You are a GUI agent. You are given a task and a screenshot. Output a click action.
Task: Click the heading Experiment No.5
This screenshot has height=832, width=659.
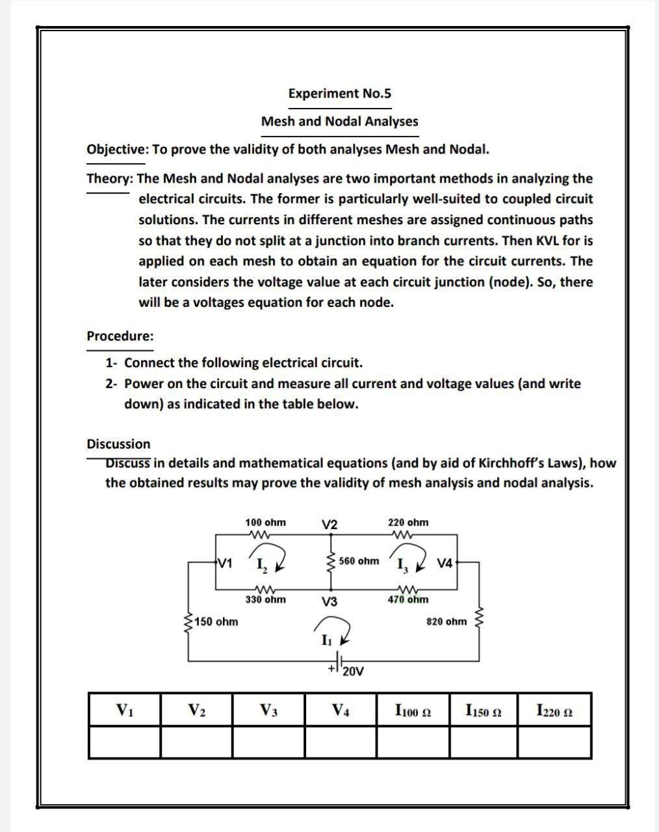pyautogui.click(x=339, y=94)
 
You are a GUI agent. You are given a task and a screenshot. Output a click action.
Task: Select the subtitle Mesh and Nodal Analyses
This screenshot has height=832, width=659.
pyautogui.click(x=339, y=122)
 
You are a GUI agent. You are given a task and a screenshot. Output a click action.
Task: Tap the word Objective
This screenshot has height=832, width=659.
pyautogui.click(x=117, y=149)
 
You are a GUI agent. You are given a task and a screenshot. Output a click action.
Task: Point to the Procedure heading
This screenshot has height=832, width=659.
pyautogui.click(x=120, y=336)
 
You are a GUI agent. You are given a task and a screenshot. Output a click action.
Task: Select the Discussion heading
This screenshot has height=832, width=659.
pyautogui.click(x=118, y=444)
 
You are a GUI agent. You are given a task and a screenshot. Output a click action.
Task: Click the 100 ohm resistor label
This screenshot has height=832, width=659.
pyautogui.click(x=265, y=523)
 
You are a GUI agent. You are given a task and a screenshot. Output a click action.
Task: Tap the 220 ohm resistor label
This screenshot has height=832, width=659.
pyautogui.click(x=408, y=523)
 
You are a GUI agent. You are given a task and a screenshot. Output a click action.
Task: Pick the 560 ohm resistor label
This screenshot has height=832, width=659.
pyautogui.click(x=359, y=561)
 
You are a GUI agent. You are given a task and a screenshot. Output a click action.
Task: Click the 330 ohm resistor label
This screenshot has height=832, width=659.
pyautogui.click(x=265, y=599)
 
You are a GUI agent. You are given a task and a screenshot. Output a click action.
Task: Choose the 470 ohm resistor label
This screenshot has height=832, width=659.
pyautogui.click(x=408, y=599)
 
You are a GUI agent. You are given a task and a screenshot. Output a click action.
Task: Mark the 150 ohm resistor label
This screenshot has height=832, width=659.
pyautogui.click(x=216, y=622)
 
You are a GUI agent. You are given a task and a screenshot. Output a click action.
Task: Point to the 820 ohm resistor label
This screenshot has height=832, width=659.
pyautogui.click(x=446, y=621)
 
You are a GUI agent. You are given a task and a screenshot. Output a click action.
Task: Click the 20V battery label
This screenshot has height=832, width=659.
pyautogui.click(x=353, y=671)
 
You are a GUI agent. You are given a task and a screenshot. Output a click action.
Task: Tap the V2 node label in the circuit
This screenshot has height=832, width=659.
pyautogui.click(x=329, y=525)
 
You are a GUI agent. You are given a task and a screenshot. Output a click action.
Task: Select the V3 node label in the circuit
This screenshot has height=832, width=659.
pyautogui.click(x=329, y=602)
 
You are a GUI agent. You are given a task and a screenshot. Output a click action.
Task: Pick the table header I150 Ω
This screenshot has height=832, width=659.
pyautogui.click(x=483, y=710)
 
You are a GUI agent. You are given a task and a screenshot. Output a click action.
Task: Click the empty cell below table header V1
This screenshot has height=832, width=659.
pyautogui.click(x=125, y=742)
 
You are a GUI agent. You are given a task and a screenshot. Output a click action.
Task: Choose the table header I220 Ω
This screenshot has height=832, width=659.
pyautogui.click(x=554, y=710)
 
